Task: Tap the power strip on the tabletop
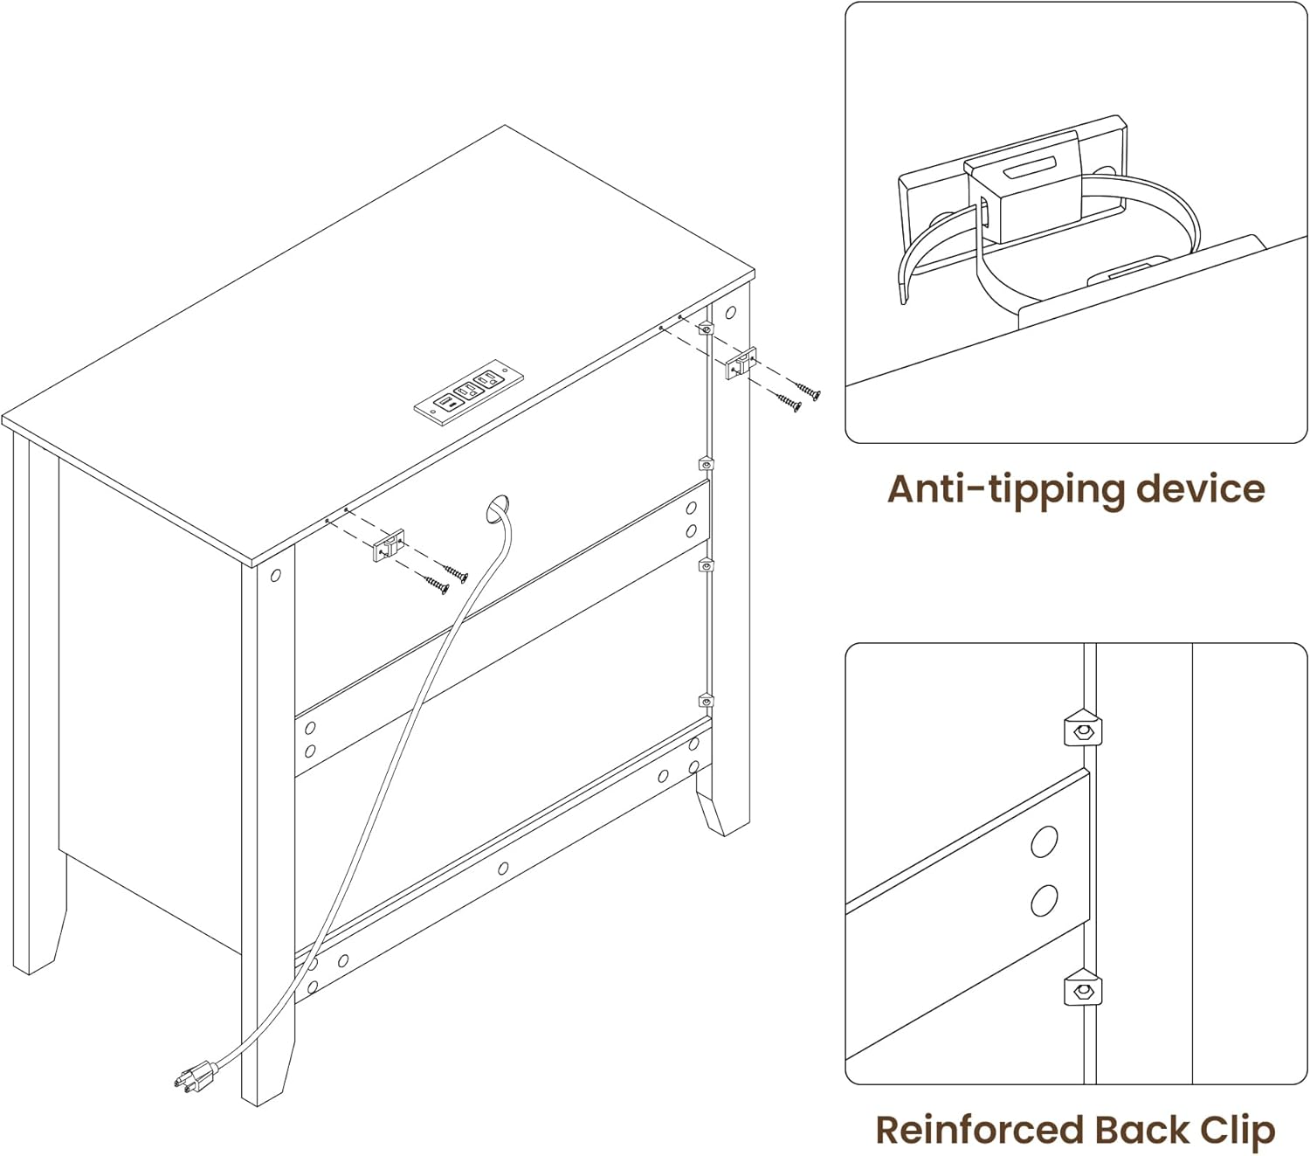468,391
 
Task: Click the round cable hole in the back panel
499,509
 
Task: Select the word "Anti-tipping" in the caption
1003,489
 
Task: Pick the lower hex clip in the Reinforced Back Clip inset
1083,991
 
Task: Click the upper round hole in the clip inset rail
1045,841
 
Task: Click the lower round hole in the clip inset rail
1045,900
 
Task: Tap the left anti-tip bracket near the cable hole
388,546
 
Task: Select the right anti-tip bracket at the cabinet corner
739,363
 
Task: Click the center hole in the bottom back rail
503,869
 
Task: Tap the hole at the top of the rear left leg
276,575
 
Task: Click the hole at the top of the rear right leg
730,313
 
